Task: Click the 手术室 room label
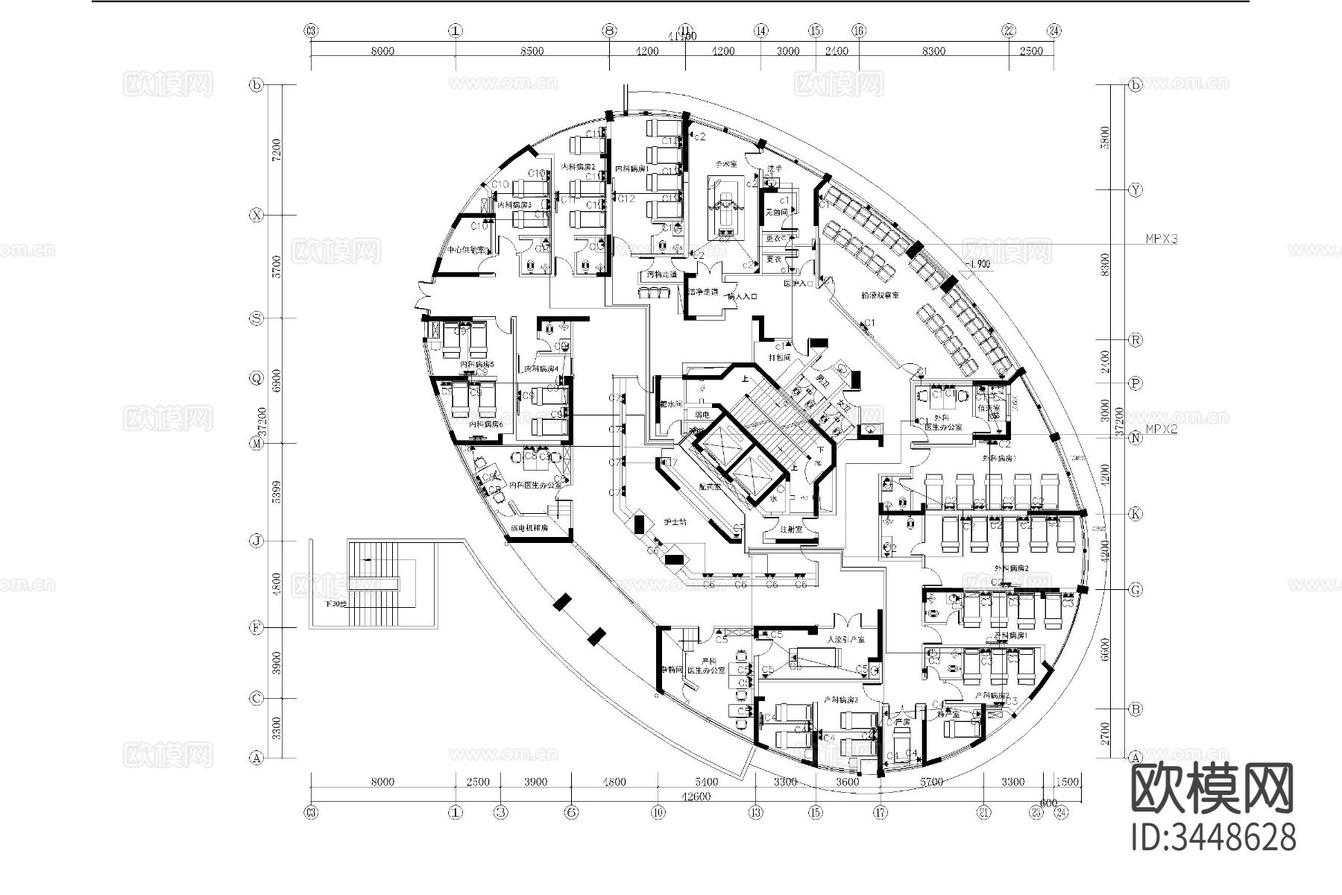pos(725,163)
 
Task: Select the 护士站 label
pos(675,522)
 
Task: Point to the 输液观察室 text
pos(880,295)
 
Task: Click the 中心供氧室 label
pos(466,251)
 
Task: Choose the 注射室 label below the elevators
pos(790,530)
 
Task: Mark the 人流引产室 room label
pos(845,640)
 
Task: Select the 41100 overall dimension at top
pos(682,36)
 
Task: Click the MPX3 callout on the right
pos(1162,239)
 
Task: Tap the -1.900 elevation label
pos(977,264)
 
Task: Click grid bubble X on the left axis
pos(256,216)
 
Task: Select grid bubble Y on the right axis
pos(1135,190)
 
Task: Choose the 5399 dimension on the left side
pos(277,492)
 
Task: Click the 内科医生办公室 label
pos(535,486)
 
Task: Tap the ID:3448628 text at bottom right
pos(1214,837)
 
